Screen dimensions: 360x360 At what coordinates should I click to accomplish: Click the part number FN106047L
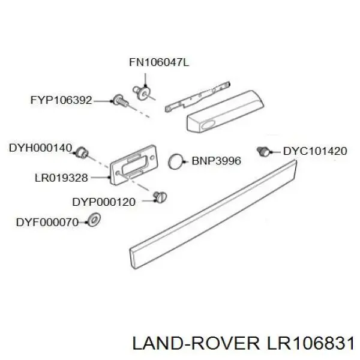(159, 62)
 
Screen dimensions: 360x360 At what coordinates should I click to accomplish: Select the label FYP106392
(61, 100)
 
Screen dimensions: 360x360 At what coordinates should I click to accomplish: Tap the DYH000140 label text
(40, 148)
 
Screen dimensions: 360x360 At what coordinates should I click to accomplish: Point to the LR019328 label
(61, 178)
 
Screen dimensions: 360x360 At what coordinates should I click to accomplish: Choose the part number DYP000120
(104, 202)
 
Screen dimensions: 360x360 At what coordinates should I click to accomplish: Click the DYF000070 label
(47, 222)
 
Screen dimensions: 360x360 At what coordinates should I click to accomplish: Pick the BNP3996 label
(216, 161)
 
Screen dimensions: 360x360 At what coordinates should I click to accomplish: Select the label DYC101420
(315, 151)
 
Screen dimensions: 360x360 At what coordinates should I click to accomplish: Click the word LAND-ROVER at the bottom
(196, 344)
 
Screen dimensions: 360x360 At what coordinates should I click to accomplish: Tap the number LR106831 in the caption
(310, 344)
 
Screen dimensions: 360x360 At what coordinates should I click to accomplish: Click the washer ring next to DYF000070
(94, 220)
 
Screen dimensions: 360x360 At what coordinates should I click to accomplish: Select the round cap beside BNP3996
(176, 161)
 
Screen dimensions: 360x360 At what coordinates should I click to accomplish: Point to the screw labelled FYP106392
(121, 101)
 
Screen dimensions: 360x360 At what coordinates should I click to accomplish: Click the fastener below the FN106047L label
(142, 92)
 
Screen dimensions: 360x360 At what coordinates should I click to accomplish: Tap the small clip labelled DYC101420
(264, 151)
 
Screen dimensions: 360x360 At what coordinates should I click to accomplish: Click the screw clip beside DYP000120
(160, 197)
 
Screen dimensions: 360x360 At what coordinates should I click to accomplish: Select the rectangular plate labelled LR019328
(134, 165)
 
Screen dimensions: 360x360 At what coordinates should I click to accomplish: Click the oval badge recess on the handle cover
(209, 124)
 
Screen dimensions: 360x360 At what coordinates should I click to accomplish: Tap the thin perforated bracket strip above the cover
(197, 97)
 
